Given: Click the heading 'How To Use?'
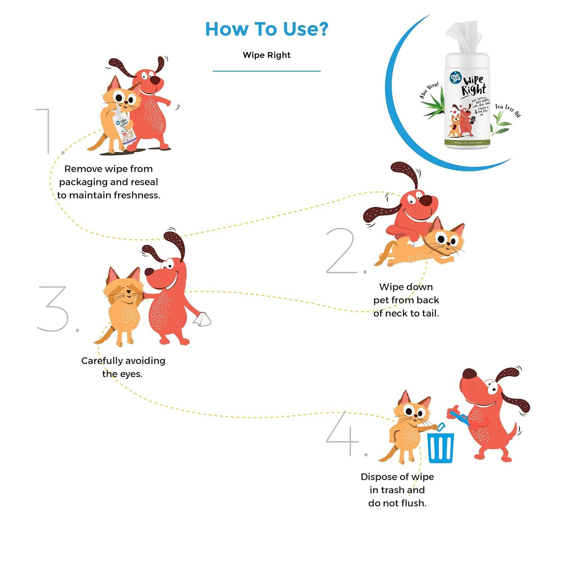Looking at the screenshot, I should (x=267, y=29).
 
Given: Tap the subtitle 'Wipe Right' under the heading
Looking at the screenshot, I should (x=267, y=55).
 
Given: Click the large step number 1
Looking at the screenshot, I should (x=45, y=131).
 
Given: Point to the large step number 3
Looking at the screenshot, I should (x=54, y=309).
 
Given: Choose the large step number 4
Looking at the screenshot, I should (x=342, y=434).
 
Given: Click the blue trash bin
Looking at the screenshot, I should (x=441, y=447).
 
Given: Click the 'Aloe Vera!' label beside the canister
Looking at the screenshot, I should (x=429, y=91).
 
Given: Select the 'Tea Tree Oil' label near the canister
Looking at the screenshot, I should (x=508, y=110).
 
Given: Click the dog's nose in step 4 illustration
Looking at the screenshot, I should (x=469, y=374).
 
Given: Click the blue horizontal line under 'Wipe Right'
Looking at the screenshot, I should (x=267, y=71).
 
